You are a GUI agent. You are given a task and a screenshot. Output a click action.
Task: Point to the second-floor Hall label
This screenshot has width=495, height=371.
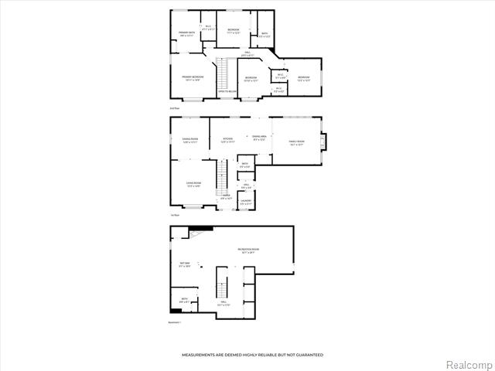point(248,54)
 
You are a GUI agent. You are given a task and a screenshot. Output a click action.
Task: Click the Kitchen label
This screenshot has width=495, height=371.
point(227,140)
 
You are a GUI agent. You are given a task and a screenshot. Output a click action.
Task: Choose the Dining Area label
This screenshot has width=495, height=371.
point(260,138)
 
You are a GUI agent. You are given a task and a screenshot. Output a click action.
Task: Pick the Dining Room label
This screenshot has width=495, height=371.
point(190,141)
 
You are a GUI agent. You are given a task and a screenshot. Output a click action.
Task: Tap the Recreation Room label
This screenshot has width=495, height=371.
point(249,250)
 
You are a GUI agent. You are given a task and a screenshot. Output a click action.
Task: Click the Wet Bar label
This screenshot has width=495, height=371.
point(185,265)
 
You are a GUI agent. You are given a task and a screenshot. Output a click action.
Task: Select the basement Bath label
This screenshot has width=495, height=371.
point(184,300)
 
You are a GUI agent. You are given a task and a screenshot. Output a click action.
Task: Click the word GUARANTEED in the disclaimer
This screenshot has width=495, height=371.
point(307,355)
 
